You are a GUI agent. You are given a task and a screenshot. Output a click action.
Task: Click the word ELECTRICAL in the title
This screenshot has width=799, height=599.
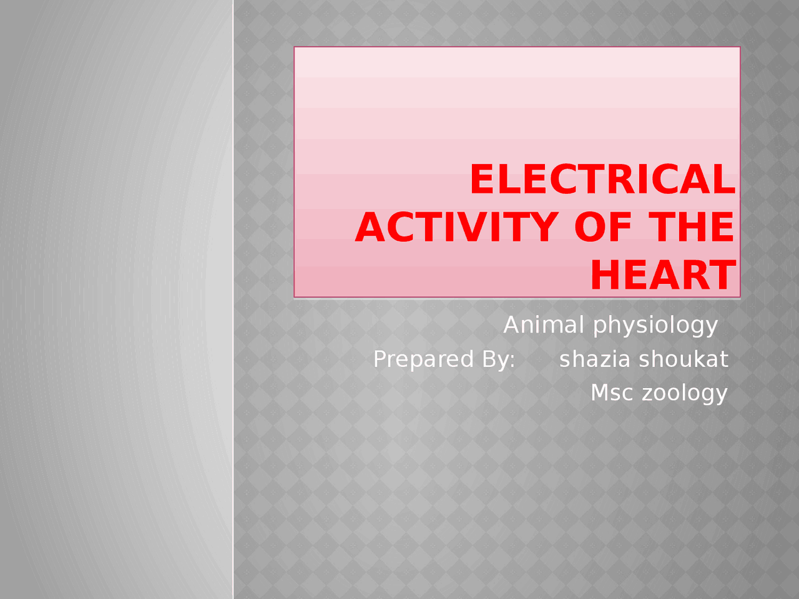coord(602,180)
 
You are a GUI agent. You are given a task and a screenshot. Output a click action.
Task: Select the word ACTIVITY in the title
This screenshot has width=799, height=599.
coord(456,228)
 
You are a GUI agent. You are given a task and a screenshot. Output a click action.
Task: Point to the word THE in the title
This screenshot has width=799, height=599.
coord(692,228)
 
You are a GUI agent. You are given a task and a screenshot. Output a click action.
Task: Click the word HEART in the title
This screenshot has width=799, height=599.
coord(662,275)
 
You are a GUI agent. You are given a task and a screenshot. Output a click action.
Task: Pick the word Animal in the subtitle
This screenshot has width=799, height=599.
coord(544,325)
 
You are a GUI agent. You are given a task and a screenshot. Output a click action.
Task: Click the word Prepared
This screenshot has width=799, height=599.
coord(423,360)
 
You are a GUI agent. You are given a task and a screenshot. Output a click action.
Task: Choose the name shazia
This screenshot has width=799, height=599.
coord(595,359)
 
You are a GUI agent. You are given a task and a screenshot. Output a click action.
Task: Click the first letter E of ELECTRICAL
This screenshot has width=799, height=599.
coord(483,180)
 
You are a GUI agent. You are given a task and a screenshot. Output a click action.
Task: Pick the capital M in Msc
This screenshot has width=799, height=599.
coord(600,393)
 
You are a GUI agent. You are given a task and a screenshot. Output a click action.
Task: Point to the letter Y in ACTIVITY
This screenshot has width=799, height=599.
coord(543,228)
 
